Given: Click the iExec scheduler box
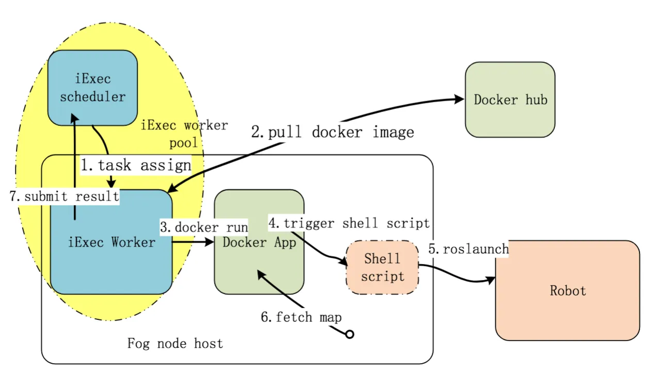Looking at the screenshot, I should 92,88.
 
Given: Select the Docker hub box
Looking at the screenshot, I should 510,100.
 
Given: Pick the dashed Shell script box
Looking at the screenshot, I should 382,267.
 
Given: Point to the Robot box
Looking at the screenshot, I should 567,291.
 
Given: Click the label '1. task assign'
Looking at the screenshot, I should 136,165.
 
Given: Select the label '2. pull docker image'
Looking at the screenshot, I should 333,132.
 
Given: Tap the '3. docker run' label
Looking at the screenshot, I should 204,227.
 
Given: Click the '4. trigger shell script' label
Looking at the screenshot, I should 349,223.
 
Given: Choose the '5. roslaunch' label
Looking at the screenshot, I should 468,249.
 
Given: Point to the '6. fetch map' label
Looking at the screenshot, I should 301,317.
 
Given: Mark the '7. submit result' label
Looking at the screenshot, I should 64,196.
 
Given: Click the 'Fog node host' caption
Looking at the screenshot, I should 175,343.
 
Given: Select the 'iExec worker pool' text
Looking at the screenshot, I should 184,134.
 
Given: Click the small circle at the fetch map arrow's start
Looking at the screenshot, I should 349,334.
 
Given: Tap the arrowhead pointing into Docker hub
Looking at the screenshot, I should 459,100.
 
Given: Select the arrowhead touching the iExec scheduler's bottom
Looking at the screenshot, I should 75,120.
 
